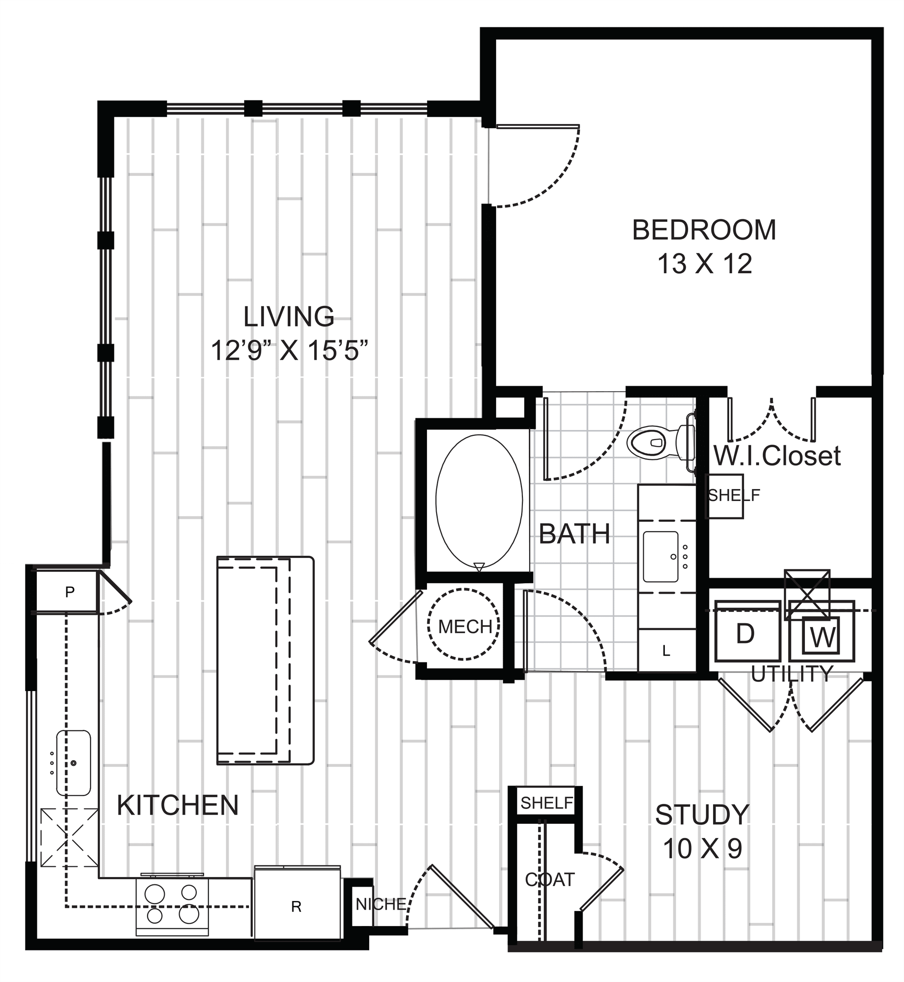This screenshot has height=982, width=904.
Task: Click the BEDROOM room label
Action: [x=704, y=230]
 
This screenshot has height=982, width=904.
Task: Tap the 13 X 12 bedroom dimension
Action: [x=704, y=264]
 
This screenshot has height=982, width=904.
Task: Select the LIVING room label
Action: [x=289, y=316]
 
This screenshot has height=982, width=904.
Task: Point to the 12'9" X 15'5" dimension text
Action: [x=289, y=351]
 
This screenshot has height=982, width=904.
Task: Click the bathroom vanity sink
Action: [x=661, y=556]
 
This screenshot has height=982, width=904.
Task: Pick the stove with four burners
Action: [x=172, y=906]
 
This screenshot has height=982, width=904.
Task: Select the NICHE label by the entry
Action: [x=381, y=904]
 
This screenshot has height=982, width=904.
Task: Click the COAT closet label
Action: [x=549, y=880]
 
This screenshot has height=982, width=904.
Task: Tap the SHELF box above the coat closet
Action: [x=546, y=802]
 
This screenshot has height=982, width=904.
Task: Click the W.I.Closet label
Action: [x=777, y=456]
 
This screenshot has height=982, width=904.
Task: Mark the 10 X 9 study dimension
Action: [x=703, y=849]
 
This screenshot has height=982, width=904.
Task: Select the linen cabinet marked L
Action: [x=667, y=651]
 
